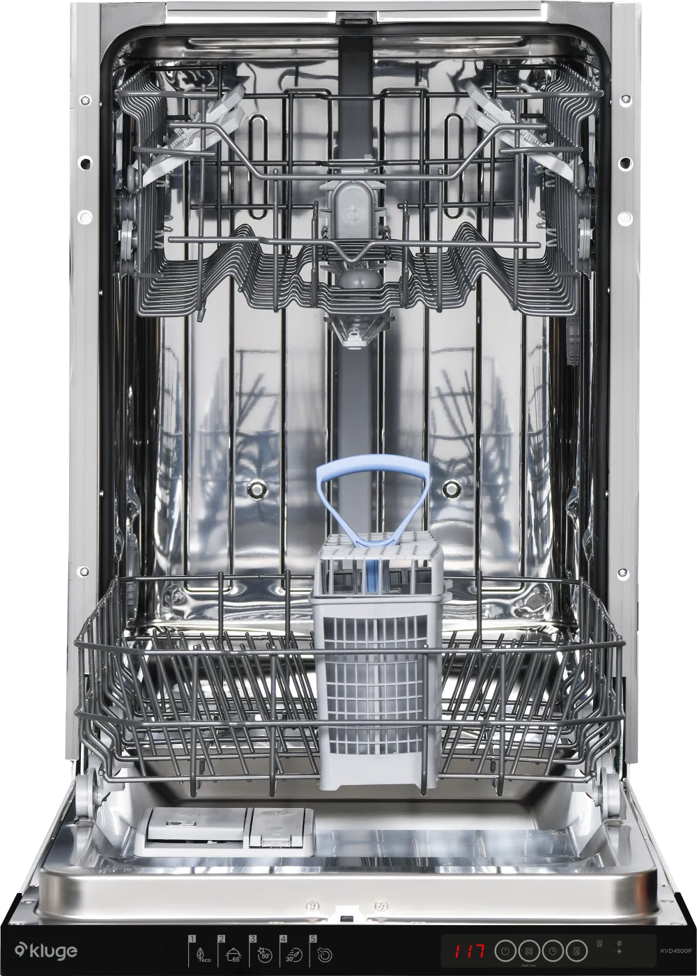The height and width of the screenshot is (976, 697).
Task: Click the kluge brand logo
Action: (x=46, y=951)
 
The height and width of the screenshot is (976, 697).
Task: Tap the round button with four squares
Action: (x=528, y=951)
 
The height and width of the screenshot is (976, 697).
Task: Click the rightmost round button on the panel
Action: (x=576, y=951)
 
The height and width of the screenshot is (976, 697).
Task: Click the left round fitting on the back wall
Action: (x=256, y=490)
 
